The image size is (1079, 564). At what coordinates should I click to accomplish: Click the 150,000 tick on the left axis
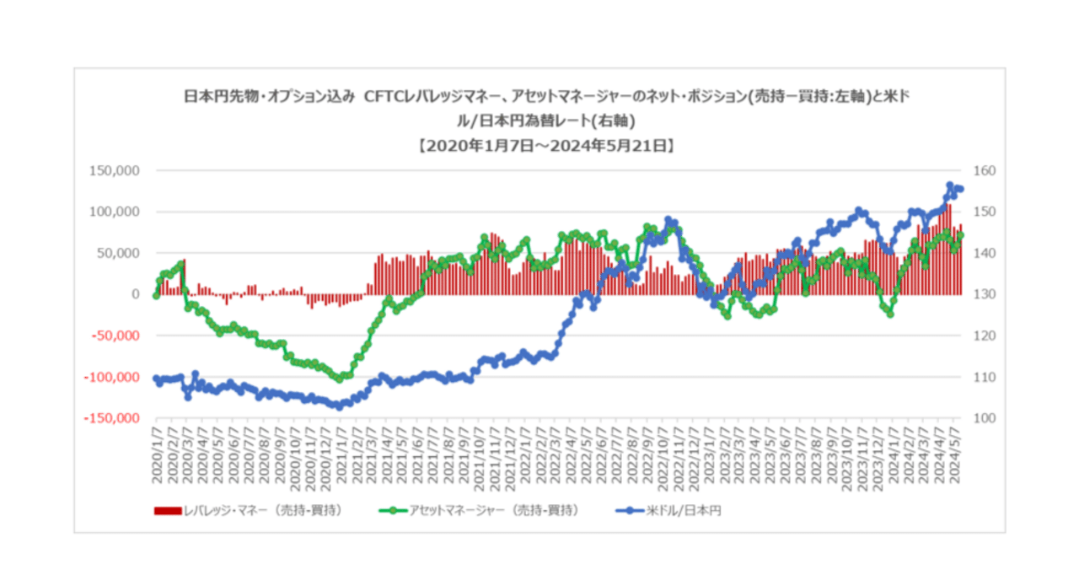[114, 170]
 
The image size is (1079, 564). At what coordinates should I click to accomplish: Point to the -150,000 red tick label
[112, 418]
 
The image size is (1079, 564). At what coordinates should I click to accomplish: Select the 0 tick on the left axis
[135, 294]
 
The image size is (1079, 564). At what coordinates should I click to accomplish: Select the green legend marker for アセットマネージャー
[388, 510]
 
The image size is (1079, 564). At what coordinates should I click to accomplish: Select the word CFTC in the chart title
[386, 96]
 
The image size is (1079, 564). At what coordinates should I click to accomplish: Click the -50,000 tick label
[115, 336]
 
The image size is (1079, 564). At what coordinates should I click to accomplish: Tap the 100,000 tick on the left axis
[114, 212]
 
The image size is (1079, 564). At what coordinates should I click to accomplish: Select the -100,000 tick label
[112, 377]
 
